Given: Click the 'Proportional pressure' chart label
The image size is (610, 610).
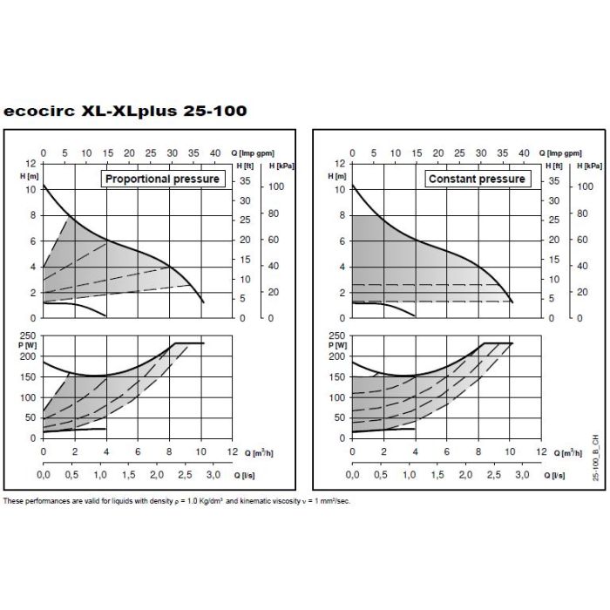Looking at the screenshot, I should coord(162,179).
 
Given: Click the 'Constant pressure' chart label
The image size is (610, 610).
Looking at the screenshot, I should coord(477,179).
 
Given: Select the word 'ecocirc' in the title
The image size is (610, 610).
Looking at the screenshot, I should coord(38,112).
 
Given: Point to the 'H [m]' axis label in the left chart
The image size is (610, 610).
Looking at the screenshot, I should coord(30,174).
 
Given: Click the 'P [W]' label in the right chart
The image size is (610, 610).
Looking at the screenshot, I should coord(339,345).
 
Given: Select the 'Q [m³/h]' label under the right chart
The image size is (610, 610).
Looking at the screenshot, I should coord(568,453).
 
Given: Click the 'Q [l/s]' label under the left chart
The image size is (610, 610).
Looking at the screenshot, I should coord(256,477).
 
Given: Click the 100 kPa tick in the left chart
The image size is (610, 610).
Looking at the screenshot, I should coord(274,187).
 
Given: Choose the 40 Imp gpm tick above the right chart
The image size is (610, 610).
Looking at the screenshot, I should coord(524,153).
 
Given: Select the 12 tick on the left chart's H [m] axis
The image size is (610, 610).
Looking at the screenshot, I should coord(31,163).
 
